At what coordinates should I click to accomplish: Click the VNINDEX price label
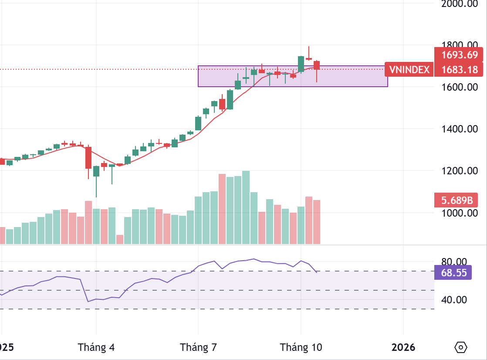tap(409, 69)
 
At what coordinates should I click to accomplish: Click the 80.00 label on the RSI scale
tap(454, 262)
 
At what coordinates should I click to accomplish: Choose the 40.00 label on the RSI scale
tap(454, 300)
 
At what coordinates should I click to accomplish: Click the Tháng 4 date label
tap(96, 347)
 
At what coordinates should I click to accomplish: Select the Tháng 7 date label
tap(199, 347)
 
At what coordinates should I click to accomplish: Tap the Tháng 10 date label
tap(301, 347)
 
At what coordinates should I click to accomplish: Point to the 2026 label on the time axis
tap(403, 347)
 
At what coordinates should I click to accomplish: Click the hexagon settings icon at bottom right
tap(461, 347)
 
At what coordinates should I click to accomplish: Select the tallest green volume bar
tap(246, 207)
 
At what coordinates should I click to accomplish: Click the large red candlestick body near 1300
tap(88, 157)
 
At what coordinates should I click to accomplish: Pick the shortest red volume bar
tap(120, 239)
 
